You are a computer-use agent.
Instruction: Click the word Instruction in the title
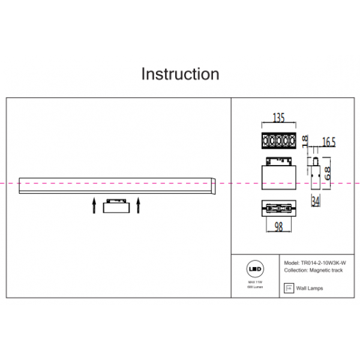(180, 74)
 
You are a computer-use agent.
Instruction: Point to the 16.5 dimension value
(328, 142)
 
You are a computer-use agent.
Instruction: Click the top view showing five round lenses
(279, 141)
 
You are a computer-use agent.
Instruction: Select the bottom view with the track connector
(279, 208)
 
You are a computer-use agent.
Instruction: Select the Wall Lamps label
(310, 289)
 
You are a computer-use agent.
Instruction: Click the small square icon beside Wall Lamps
(288, 289)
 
